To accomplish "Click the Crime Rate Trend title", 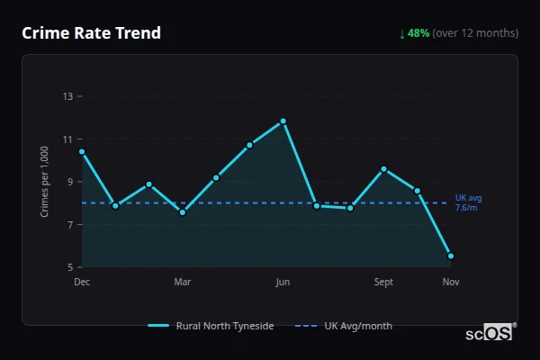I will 92,33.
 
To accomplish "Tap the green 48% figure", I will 418,33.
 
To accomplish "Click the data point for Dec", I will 82,151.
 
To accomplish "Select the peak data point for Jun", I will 283,121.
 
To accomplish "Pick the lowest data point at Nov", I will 451,256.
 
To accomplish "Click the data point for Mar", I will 183,212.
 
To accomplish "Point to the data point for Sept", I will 383,169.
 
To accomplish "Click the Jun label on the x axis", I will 283,282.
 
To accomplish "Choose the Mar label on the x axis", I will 183,282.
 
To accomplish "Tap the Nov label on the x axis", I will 451,282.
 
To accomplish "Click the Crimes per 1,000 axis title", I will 45,182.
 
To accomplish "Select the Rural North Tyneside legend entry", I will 211,326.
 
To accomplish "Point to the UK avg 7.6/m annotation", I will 468,202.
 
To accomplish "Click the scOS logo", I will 489,333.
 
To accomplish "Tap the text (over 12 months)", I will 475,33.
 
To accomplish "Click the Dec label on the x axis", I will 82,282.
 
